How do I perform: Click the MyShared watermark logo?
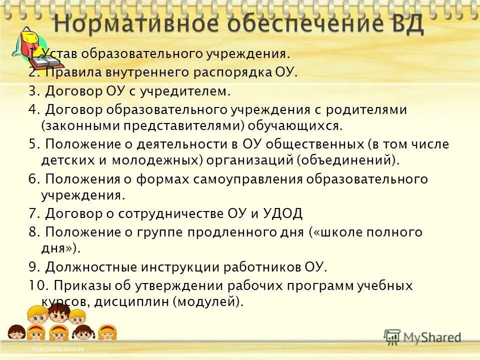423,336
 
